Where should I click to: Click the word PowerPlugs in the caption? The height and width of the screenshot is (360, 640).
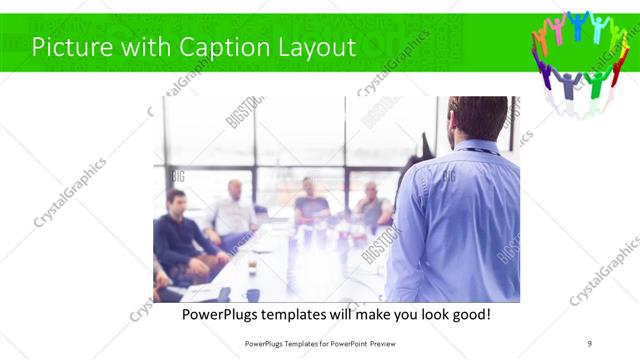click(x=223, y=314)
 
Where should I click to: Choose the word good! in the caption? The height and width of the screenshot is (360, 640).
click(x=468, y=314)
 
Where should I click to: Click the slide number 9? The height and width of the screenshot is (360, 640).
click(x=590, y=343)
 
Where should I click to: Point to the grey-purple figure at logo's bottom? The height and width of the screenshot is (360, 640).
click(x=569, y=84)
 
